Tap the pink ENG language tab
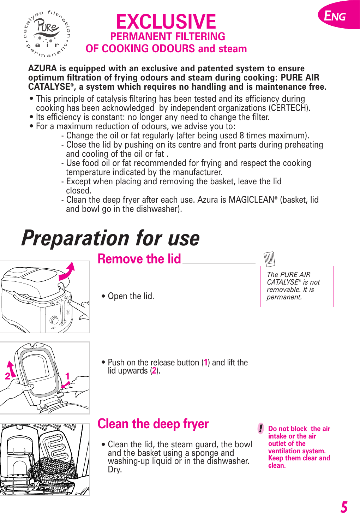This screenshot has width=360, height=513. coord(337,16)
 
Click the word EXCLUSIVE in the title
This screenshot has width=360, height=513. coord(166,22)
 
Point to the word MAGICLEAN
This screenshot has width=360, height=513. coord(251,200)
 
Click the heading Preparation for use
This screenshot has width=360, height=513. coord(110,238)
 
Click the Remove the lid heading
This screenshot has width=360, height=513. coord(139,259)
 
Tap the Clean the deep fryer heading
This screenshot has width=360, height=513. coord(153,424)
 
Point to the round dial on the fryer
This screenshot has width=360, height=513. coord(54,320)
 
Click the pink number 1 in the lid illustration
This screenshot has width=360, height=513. coord(67,376)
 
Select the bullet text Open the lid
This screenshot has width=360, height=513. coord(131,296)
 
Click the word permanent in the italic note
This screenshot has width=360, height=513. coord(284,297)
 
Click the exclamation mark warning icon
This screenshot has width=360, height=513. coord(260,429)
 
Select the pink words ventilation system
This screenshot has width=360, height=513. coord(296,451)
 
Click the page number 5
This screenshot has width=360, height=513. coord(344,507)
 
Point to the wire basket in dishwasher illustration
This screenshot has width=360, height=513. coord(53,470)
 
